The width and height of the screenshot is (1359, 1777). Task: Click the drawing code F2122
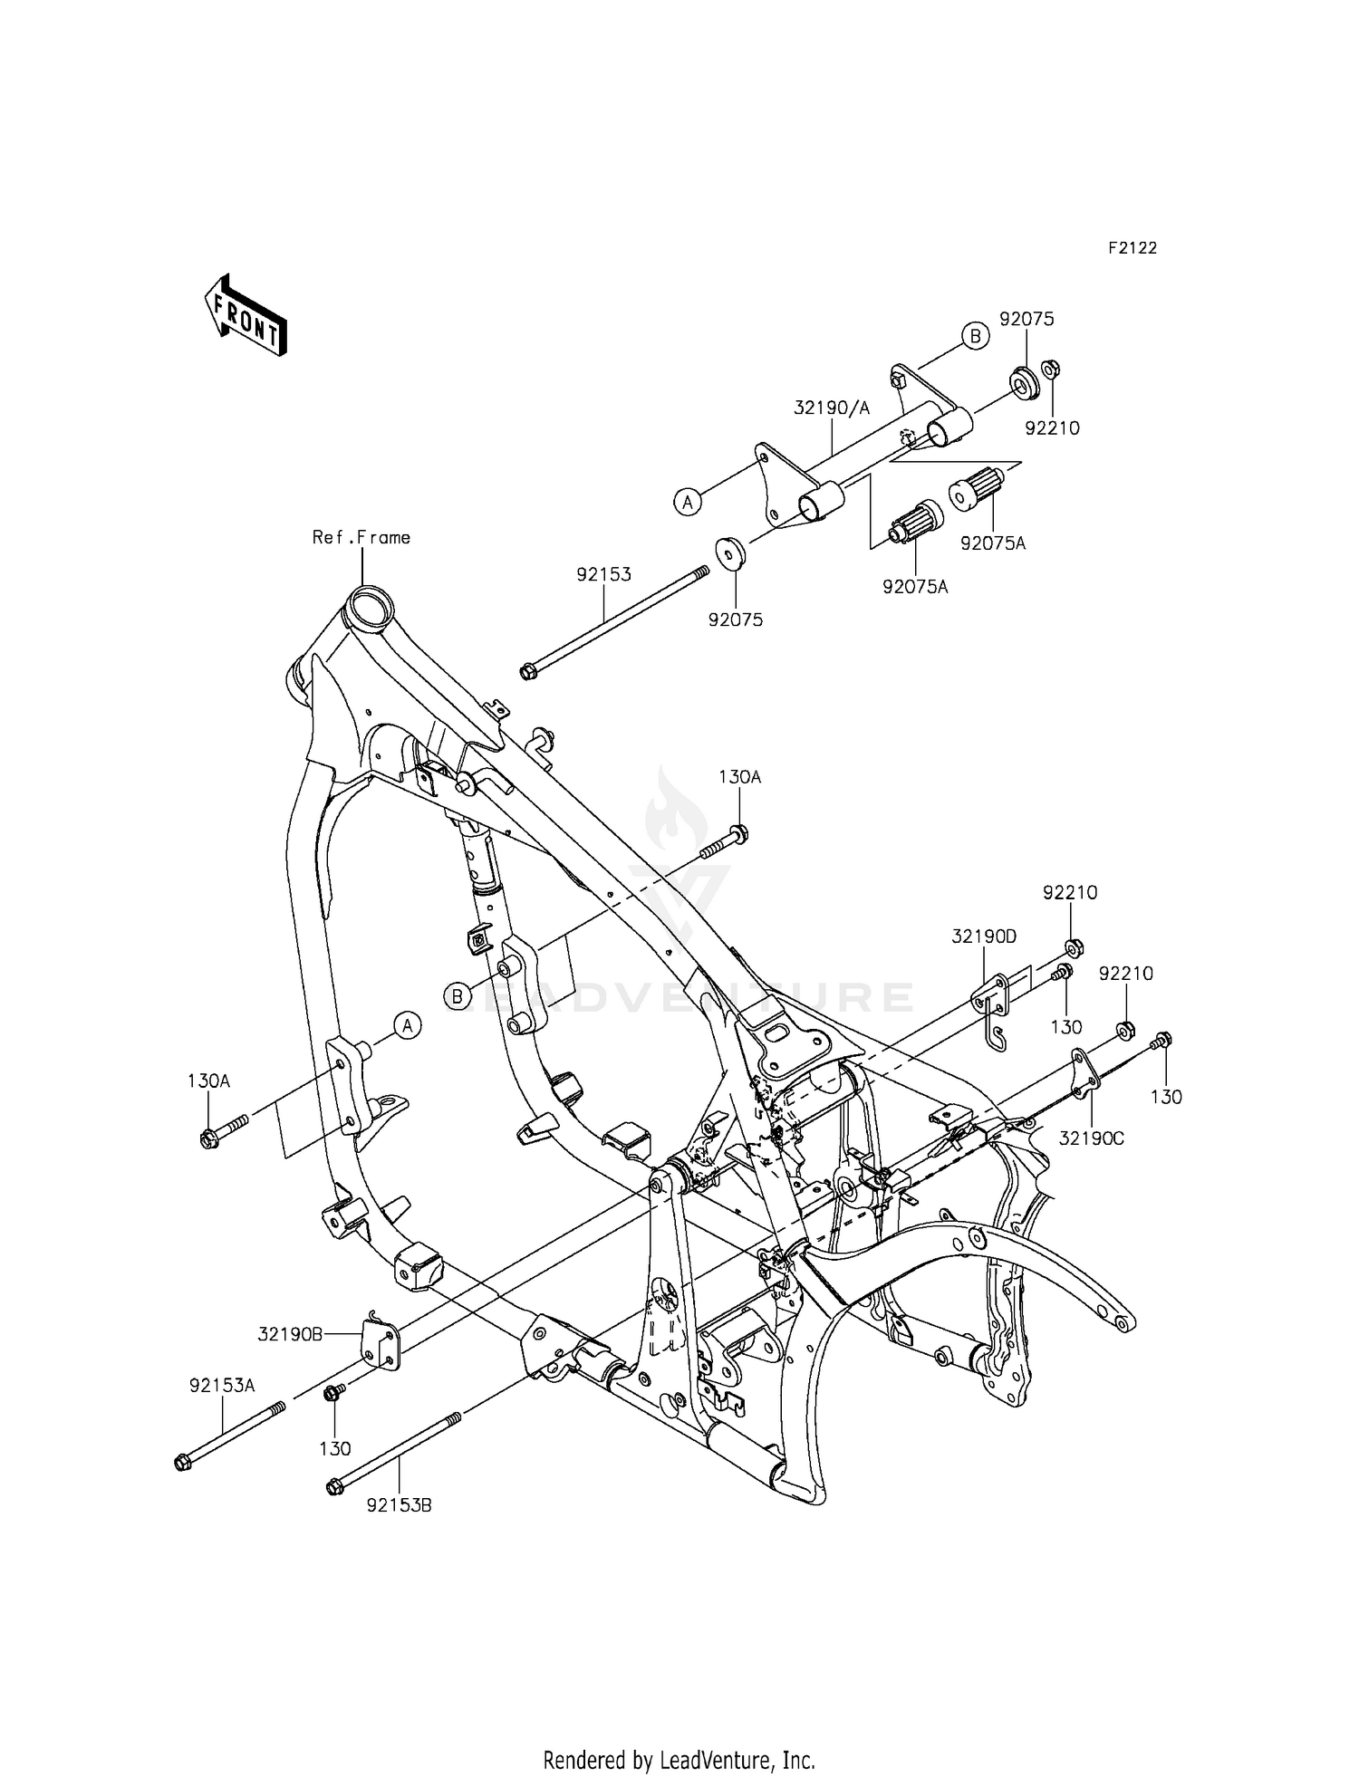1132,248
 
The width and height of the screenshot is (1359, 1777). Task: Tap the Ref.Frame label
361,537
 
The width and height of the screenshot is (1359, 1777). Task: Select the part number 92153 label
603,574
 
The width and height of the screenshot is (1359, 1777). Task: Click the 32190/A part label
831,408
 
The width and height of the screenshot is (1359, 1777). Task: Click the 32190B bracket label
291,1334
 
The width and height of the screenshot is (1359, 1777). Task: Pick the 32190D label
984,937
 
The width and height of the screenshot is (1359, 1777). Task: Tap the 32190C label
1091,1138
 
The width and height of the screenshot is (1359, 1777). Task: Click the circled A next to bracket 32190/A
688,500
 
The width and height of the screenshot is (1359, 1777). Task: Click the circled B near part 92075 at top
975,336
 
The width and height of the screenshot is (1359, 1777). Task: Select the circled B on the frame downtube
458,996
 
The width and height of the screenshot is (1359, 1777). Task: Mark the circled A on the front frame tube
408,1025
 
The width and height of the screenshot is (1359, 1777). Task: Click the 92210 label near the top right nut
1052,428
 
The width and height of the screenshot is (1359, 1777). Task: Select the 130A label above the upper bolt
739,777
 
